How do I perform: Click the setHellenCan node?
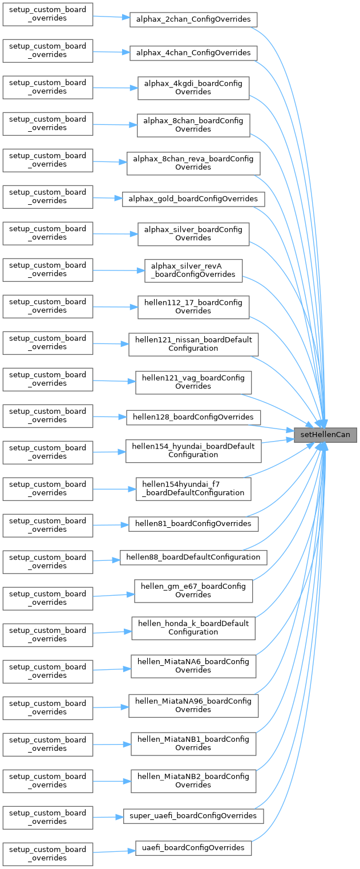point(326,435)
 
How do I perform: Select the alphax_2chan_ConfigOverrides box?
point(193,19)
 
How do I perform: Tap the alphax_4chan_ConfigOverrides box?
point(193,52)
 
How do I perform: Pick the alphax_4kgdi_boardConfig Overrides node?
point(193,88)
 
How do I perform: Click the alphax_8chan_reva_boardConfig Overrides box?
point(193,163)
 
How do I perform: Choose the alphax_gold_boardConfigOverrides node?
point(193,199)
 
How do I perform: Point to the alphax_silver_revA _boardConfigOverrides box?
point(193,270)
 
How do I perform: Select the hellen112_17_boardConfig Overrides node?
point(193,307)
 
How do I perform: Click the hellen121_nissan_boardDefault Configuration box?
point(193,344)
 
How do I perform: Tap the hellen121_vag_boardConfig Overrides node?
point(193,382)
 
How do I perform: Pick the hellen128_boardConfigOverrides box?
point(193,417)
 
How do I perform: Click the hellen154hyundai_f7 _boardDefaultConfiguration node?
point(193,489)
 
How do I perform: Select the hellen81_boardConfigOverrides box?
point(193,523)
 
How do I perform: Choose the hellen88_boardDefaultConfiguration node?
point(193,557)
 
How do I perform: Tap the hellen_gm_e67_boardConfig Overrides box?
point(193,591)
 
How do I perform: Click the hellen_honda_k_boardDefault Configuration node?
point(193,628)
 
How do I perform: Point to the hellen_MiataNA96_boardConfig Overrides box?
point(193,706)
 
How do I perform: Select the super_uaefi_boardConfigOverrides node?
point(193,816)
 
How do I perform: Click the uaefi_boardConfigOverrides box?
point(193,848)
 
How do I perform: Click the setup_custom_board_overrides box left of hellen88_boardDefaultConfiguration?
point(48,561)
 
